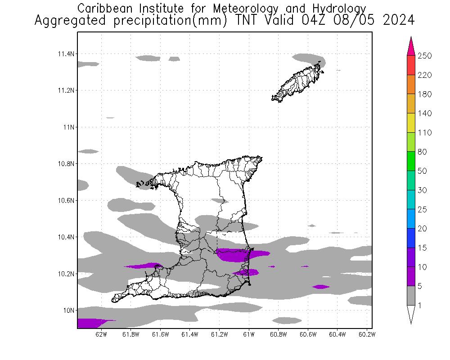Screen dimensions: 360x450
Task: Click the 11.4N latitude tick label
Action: [x=65, y=54]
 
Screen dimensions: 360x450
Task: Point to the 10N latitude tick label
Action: [x=68, y=310]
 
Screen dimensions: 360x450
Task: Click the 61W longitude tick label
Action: [x=249, y=334]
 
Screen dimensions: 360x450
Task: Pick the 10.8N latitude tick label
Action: [x=65, y=164]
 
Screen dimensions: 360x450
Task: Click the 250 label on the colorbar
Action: [x=425, y=56]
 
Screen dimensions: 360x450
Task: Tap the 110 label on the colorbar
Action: [x=425, y=133]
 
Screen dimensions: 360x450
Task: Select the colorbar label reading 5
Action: [x=421, y=286]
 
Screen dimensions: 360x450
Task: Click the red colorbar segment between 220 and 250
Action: [x=411, y=65]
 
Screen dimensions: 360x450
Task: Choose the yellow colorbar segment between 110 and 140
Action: [x=411, y=123]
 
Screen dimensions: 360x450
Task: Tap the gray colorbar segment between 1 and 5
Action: [x=411, y=296]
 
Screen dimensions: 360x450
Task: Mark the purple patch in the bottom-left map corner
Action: [x=90, y=323]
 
